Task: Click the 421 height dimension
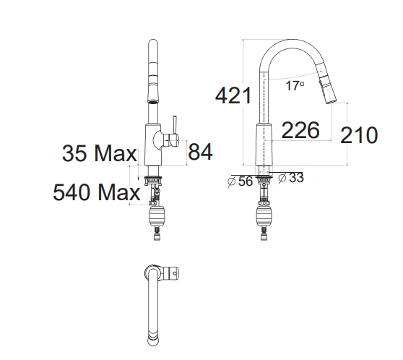(x=232, y=95)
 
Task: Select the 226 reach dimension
(x=300, y=131)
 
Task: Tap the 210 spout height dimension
(x=358, y=135)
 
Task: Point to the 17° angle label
(x=294, y=86)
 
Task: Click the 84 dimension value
(x=201, y=152)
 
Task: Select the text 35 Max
(x=99, y=153)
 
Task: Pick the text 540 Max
(x=96, y=192)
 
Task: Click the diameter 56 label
(x=240, y=181)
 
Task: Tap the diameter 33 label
(x=291, y=177)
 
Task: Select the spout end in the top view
(x=152, y=333)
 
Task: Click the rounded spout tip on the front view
(x=152, y=47)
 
